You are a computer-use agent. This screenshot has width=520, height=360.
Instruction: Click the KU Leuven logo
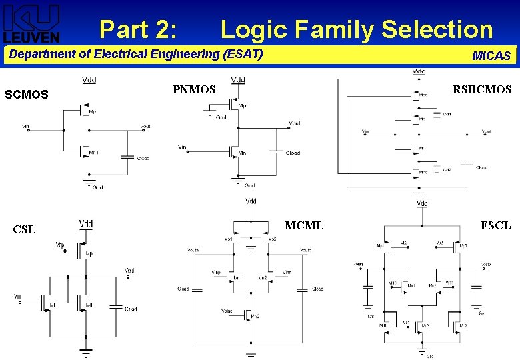[31, 23]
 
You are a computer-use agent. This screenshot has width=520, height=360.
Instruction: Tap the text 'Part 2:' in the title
[139, 30]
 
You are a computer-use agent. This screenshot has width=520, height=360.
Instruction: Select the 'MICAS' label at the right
[491, 56]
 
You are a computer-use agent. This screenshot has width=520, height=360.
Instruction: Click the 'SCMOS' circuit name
[27, 95]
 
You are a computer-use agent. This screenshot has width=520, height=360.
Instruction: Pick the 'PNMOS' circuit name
[194, 89]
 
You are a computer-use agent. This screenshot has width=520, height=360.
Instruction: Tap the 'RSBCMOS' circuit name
[482, 89]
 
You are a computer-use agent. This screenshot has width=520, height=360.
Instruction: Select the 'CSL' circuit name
[24, 230]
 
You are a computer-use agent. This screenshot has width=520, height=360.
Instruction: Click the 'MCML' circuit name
[304, 226]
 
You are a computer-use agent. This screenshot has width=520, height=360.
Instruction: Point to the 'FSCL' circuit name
[495, 226]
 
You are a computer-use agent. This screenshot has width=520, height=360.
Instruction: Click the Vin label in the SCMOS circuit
[25, 125]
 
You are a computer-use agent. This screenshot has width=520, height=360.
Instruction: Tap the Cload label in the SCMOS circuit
[143, 159]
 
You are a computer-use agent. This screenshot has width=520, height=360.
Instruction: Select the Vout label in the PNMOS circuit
[294, 123]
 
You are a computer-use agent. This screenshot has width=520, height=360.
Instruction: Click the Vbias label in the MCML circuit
[227, 311]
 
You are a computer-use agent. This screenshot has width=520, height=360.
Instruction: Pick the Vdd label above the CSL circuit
[86, 224]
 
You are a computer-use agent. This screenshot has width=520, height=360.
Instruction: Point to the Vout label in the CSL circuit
[129, 270]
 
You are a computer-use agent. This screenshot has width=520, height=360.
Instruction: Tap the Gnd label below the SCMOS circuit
[97, 187]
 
